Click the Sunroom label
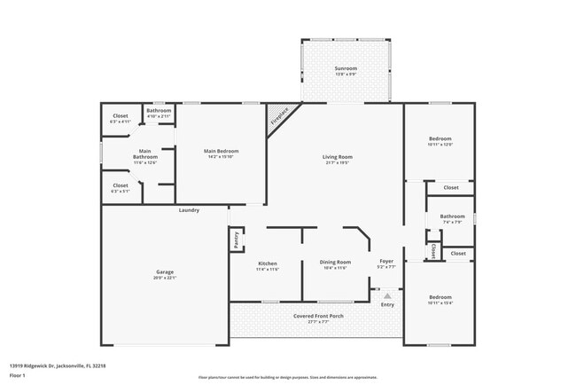pyautogui.click(x=346, y=68)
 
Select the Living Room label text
pyautogui.click(x=337, y=157)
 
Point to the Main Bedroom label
pyautogui.click(x=221, y=151)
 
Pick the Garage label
pyautogui.click(x=164, y=273)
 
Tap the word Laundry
pyautogui.click(x=189, y=210)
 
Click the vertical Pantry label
pyautogui.click(x=237, y=240)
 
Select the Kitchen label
pyautogui.click(x=268, y=263)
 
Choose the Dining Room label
pyautogui.click(x=335, y=262)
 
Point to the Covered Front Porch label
pyautogui.click(x=318, y=316)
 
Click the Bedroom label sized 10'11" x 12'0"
pyautogui.click(x=440, y=139)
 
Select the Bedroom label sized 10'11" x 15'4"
pyautogui.click(x=440, y=297)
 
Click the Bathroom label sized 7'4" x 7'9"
pyautogui.click(x=452, y=216)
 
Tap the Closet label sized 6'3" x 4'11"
pyautogui.click(x=121, y=116)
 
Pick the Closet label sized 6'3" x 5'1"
pyautogui.click(x=121, y=185)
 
